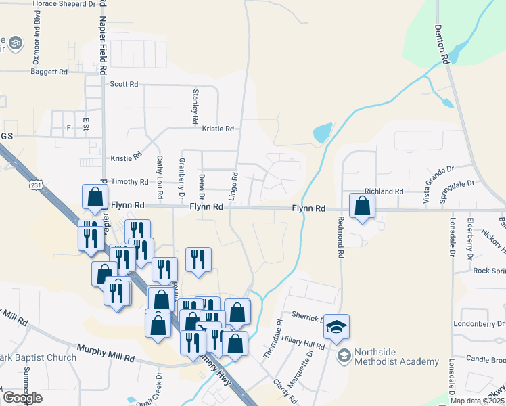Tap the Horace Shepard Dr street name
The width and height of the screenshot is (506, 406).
click(x=65, y=4)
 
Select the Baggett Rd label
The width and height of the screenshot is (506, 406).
click(x=49, y=71)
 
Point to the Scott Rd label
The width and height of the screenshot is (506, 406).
click(x=124, y=84)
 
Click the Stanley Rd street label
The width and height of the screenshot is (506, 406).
click(x=195, y=106)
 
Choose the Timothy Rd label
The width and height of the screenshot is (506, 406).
click(x=129, y=181)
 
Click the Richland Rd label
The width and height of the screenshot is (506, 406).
click(x=384, y=191)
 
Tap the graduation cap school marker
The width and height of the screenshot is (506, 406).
click(x=336, y=328)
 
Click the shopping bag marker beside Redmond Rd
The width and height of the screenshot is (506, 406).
click(x=363, y=206)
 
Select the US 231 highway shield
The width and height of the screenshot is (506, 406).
click(x=37, y=184)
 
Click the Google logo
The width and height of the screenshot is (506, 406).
click(x=22, y=398)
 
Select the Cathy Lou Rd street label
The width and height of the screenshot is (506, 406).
click(x=160, y=177)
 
